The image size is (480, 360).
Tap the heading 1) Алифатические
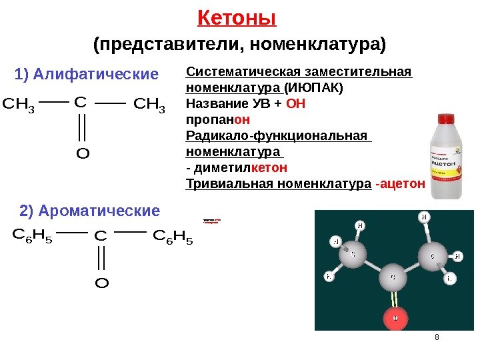pos(87,73)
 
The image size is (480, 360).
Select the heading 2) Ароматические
pos(90,211)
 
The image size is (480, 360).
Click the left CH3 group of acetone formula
pos(19,105)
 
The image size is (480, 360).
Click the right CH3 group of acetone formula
pos(149,105)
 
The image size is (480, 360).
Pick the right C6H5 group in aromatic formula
pos(173,236)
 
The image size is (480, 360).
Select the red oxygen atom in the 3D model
pos(395,319)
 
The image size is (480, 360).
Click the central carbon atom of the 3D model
pos(393,276)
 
